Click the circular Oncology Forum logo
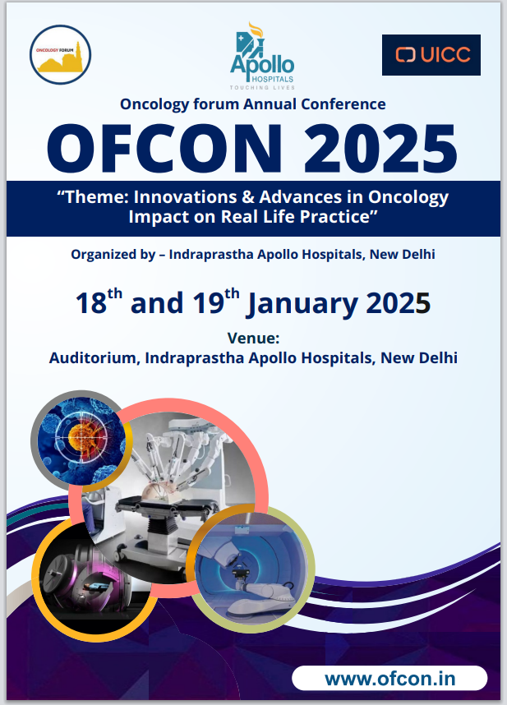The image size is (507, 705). click(x=60, y=54)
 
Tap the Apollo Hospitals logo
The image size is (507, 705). click(x=262, y=56)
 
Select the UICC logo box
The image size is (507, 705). click(x=431, y=55)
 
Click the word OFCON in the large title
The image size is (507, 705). click(x=164, y=149)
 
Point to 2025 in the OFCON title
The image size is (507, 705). click(x=380, y=149)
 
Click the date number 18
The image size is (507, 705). click(x=90, y=303)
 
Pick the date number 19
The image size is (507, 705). click(x=209, y=303)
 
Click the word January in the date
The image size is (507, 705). click(x=303, y=304)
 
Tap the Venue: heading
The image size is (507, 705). click(x=253, y=338)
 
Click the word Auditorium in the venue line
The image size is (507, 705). click(x=94, y=358)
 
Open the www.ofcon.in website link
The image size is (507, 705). click(x=389, y=679)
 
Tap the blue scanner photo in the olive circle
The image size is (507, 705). click(x=251, y=569)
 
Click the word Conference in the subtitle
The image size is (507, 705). click(x=343, y=104)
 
